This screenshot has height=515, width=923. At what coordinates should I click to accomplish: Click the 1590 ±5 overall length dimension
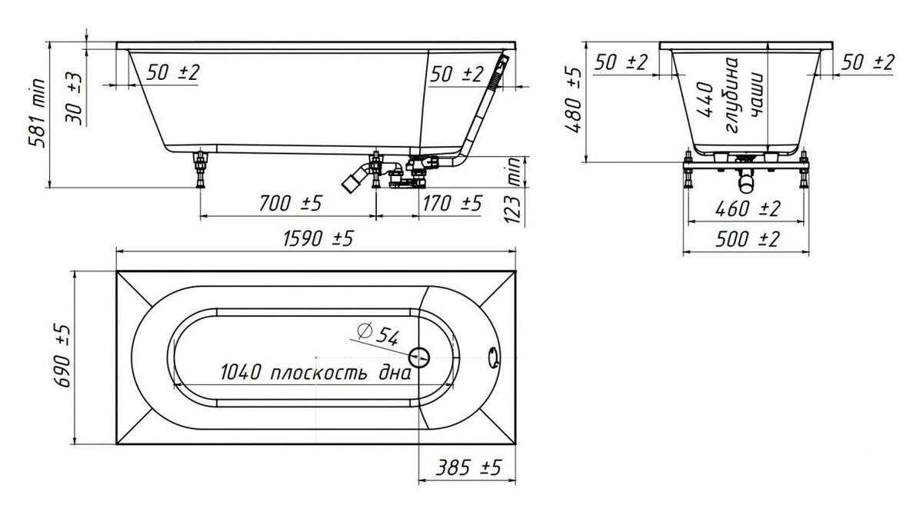[x=318, y=239]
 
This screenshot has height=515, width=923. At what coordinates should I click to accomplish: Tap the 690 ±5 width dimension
[x=62, y=356]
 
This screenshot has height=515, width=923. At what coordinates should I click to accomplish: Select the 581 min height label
[x=37, y=113]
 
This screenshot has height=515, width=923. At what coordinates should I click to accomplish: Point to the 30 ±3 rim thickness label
[x=74, y=99]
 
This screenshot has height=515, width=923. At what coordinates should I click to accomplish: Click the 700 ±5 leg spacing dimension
[x=290, y=204]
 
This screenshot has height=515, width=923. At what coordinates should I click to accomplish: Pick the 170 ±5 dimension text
[x=452, y=204]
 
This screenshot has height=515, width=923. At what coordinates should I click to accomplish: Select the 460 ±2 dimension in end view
[x=748, y=209]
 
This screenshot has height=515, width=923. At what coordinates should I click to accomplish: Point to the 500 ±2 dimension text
[x=747, y=239]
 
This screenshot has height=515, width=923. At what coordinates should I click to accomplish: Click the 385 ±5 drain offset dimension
[x=468, y=467]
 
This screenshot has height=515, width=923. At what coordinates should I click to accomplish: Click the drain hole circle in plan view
[x=419, y=357]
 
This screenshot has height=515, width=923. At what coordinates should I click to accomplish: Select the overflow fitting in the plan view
[x=493, y=357]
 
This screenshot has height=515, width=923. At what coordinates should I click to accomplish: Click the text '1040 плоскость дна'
[x=315, y=373]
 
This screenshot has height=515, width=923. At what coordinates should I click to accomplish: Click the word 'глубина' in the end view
[x=732, y=95]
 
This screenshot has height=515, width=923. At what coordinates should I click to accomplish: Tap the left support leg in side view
[x=200, y=170]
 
